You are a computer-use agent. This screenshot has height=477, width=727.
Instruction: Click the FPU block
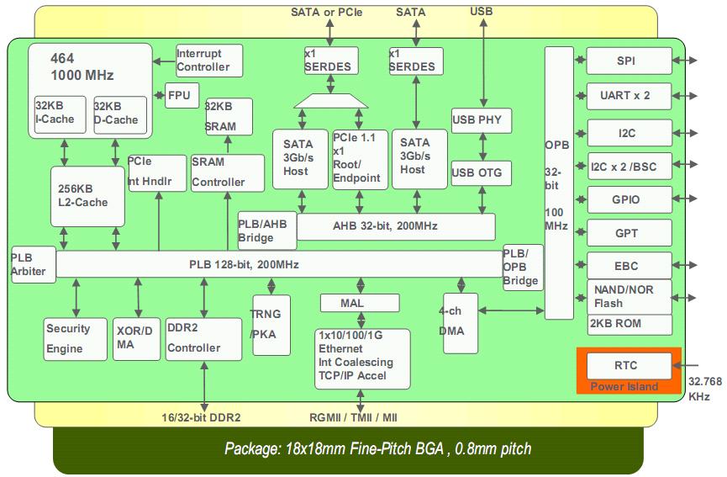point(182,96)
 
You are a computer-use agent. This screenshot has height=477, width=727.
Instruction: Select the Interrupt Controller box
point(209,61)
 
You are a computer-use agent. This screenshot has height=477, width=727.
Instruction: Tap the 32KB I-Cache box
point(61,114)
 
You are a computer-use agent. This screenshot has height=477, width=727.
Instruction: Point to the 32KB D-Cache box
point(120,115)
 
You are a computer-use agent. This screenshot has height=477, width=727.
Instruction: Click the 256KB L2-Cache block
point(87,196)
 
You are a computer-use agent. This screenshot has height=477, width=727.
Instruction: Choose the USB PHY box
point(482,120)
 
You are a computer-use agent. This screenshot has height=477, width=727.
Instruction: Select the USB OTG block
point(482,173)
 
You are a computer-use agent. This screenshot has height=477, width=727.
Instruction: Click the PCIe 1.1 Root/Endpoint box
point(361,160)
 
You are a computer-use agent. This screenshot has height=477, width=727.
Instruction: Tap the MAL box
point(360,304)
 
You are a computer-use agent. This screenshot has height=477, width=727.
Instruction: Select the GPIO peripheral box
point(630,200)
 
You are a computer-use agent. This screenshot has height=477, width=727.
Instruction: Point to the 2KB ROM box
point(630,325)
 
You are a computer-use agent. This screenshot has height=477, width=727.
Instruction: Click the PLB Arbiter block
point(34,264)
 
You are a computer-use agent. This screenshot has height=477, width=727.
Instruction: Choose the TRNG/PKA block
point(271,325)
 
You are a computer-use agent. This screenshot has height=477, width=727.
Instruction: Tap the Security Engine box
point(75,339)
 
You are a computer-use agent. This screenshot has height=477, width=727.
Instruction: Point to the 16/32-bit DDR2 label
point(201,417)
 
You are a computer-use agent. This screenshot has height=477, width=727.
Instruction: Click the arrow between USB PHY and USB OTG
point(482,147)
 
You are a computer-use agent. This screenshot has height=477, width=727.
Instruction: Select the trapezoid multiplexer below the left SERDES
point(331,101)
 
